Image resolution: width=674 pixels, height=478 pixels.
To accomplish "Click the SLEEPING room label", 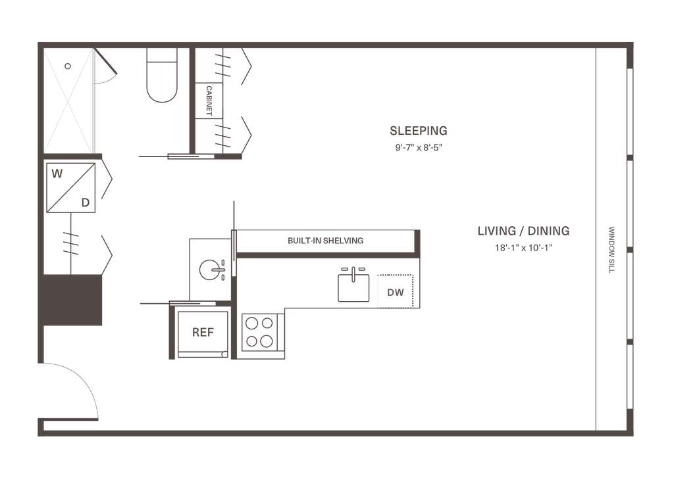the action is click(x=419, y=130).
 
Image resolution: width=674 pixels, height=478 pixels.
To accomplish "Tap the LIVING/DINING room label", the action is click(x=523, y=231).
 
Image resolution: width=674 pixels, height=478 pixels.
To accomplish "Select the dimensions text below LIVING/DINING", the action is click(x=523, y=249).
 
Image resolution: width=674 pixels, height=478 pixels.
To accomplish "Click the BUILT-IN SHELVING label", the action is click(x=326, y=241).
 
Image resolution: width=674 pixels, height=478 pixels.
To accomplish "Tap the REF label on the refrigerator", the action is click(x=199, y=332).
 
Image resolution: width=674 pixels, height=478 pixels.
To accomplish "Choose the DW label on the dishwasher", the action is click(x=396, y=293).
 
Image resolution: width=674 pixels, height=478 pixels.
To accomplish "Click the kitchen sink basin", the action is click(x=353, y=287).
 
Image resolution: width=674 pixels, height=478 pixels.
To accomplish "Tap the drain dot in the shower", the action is click(x=67, y=66).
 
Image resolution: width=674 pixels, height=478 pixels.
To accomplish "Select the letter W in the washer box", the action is click(x=58, y=175).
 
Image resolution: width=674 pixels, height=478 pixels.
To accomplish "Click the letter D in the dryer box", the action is click(x=86, y=203).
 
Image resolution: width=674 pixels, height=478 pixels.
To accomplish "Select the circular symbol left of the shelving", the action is click(x=209, y=268).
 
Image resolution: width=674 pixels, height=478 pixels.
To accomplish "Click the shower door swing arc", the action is click(x=105, y=70).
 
